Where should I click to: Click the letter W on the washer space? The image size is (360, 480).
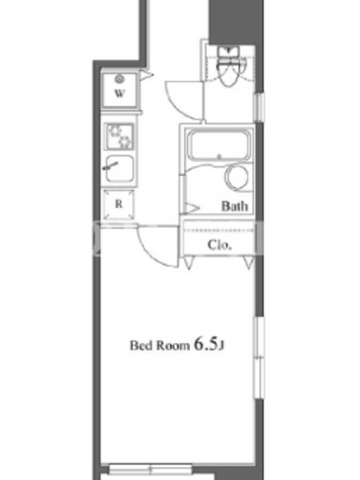tap(119, 93)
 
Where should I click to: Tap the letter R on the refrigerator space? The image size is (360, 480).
tap(119, 204)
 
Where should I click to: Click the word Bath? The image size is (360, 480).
tap(235, 206)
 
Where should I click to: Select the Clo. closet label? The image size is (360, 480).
tap(219, 245)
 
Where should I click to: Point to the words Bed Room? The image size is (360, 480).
tap(160, 346)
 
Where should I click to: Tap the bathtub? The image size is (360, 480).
tap(219, 145)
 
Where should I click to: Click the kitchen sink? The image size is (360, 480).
tap(119, 169)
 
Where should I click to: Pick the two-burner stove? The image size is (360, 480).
tap(119, 136)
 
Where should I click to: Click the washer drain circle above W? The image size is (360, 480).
tap(119, 79)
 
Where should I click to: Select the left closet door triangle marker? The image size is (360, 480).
tap(189, 263)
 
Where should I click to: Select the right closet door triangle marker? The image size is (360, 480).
tap(249, 263)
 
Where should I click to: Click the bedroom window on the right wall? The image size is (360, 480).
tap(259, 358)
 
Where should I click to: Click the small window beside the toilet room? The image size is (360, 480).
tap(260, 107)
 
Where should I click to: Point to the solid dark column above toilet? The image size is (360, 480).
tap(236, 22)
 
